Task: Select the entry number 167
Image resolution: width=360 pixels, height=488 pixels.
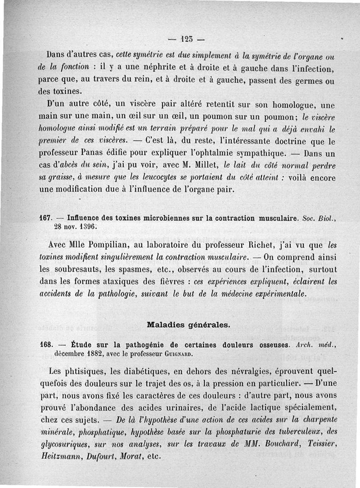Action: [46, 218]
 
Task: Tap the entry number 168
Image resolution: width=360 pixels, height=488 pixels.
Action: [46, 345]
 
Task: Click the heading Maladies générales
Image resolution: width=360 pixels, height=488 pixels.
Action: [186, 324]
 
